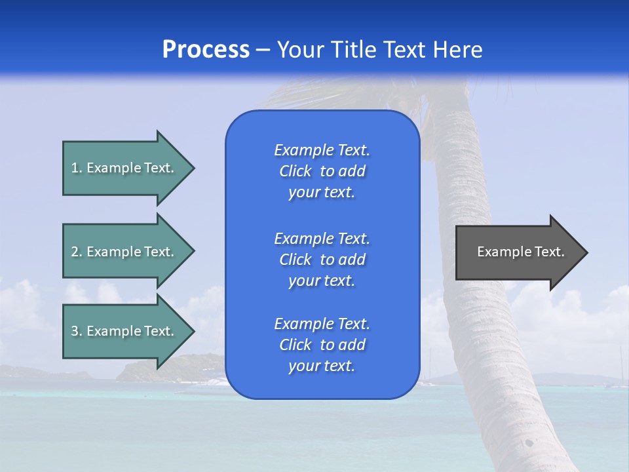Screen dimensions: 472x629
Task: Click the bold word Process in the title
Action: (206, 50)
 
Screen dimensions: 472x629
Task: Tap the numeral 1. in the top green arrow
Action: (77, 168)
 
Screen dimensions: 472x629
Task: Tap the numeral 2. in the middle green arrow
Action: (77, 252)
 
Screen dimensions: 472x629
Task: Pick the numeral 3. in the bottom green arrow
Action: (77, 331)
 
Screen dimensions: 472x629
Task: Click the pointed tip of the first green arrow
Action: (193, 168)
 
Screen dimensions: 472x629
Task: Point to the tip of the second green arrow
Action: (193, 252)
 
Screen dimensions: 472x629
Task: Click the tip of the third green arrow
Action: (193, 331)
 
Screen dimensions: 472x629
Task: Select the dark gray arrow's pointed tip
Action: (586, 252)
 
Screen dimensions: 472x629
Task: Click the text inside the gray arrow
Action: (520, 252)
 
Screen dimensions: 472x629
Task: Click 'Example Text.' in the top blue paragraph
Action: (322, 150)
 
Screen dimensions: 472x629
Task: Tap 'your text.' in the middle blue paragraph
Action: (322, 281)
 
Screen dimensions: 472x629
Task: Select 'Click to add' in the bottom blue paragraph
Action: (322, 345)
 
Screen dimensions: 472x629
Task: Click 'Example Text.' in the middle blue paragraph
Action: (322, 239)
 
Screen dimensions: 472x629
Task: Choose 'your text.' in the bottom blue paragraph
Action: (322, 366)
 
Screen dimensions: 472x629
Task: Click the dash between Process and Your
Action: (263, 50)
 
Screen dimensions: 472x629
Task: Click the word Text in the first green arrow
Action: (158, 168)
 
